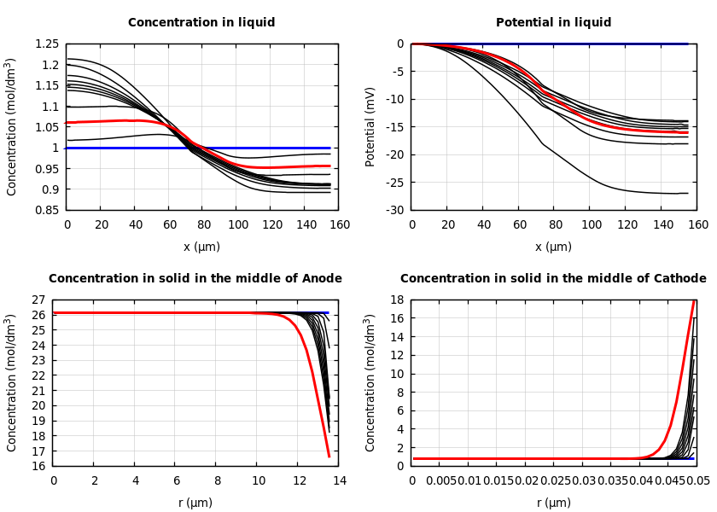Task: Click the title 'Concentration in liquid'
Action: pos(201,23)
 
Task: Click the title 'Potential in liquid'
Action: pos(553,23)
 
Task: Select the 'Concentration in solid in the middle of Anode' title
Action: pos(195,279)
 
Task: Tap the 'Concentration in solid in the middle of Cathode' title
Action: pos(553,279)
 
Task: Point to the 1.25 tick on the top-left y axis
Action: pos(47,44)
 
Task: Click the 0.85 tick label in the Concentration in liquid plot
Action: pos(47,210)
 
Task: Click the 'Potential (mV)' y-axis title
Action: pos(370,126)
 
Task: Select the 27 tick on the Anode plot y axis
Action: pos(38,300)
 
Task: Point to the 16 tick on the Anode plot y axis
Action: pos(38,466)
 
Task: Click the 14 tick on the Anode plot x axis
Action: pos(339,480)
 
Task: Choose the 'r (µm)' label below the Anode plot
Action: pos(195,503)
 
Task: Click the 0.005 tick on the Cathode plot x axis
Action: pos(440,480)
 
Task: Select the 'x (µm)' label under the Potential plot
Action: pos(553,247)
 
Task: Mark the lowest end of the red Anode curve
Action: pos(329,457)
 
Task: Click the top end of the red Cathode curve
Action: pos(694,301)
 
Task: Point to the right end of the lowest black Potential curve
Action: pos(687,193)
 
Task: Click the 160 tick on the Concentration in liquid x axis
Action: pos(339,224)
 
